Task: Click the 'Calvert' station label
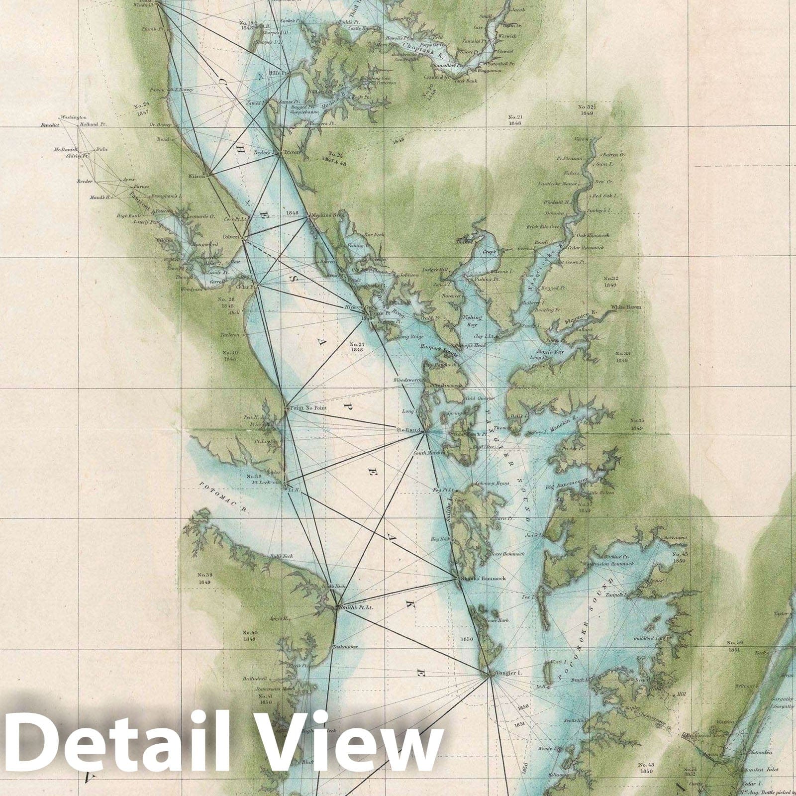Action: point(231,237)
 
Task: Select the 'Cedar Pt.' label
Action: point(246,287)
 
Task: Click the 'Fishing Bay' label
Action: point(472,321)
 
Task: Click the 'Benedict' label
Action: point(50,125)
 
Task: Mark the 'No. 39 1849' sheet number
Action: point(203,579)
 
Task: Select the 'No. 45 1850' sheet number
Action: point(680,557)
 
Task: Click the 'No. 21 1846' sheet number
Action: point(514,120)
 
